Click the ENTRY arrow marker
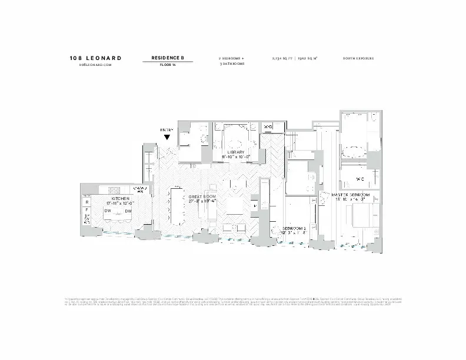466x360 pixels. tap(167, 136)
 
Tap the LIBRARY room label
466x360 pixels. tap(235, 152)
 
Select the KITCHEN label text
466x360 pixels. tap(121, 199)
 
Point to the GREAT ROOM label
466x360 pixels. tap(200, 196)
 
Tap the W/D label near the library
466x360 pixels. tap(267, 127)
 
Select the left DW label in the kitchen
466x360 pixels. tap(108, 210)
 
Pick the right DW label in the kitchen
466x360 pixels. tap(128, 210)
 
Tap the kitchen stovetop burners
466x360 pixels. tap(114, 189)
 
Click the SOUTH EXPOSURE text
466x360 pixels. tap(358, 58)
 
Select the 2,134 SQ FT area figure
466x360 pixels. tap(281, 58)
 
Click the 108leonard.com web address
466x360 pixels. tap(95, 65)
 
